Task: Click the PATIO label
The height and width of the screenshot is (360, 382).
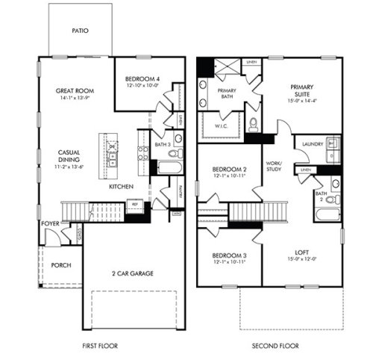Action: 81,31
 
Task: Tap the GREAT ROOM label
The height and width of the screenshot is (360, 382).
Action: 73,90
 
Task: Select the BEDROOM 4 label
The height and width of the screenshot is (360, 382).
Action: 142,78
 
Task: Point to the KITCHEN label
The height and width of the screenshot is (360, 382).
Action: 121,186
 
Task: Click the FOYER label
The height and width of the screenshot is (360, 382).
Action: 50,222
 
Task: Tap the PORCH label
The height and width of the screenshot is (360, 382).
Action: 61,265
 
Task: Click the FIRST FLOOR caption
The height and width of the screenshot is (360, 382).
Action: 101,346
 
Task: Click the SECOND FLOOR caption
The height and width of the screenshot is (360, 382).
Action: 275,346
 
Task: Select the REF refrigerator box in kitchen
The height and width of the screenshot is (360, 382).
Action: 135,203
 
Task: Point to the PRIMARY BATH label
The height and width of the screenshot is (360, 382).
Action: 226,94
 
